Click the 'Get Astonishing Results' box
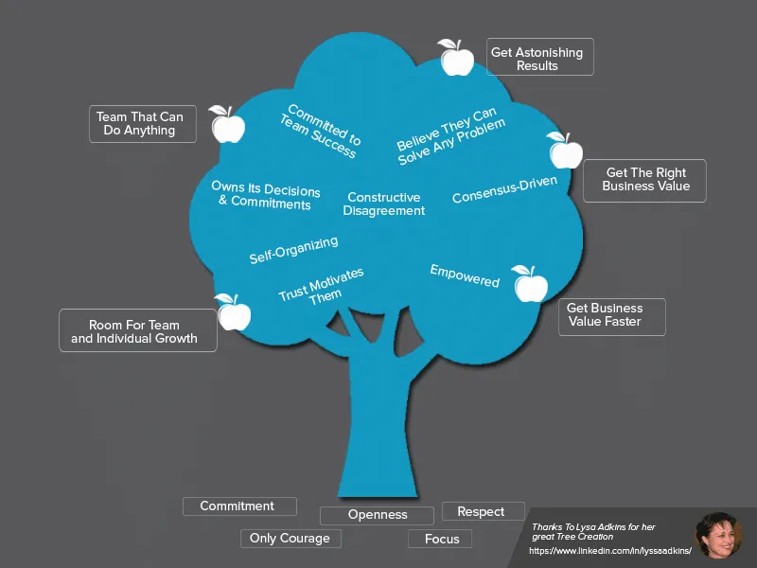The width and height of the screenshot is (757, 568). [x=540, y=57]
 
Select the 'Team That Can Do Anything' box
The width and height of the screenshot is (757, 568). [x=142, y=124]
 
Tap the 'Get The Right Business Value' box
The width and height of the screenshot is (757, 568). [x=644, y=180]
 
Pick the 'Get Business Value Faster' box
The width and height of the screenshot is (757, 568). [x=611, y=316]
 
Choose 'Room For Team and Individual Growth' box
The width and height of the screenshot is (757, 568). [x=137, y=330]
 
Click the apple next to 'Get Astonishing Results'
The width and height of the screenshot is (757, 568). [x=456, y=58]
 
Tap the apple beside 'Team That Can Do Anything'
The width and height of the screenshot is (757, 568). [x=227, y=124]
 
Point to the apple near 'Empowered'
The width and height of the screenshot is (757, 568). [x=529, y=283]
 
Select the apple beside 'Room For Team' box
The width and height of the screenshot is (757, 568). [x=233, y=311]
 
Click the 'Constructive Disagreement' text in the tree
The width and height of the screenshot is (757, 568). [x=383, y=204]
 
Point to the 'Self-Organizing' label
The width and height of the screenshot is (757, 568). [x=293, y=250]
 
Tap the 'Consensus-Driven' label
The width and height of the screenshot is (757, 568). [x=504, y=189]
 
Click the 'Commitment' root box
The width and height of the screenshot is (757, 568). [x=238, y=506]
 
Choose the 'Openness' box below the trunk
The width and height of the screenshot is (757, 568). [x=377, y=515]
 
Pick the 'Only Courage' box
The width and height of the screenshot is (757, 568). [x=290, y=539]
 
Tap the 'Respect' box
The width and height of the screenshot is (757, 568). [x=483, y=511]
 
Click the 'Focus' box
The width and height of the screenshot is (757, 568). [x=440, y=539]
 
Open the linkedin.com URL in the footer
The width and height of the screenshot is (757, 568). [x=610, y=551]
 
